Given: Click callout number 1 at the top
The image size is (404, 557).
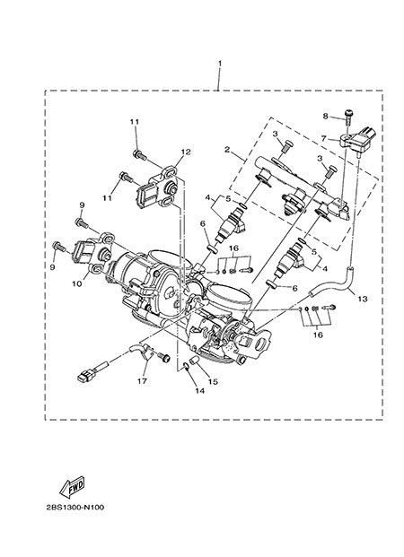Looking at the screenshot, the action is coord(220,63).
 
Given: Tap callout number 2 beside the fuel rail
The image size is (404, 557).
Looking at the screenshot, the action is coord(227,150).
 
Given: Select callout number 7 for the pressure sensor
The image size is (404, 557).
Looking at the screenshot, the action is coord(323,138).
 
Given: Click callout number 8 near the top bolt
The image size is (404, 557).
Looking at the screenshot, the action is coord(325,116).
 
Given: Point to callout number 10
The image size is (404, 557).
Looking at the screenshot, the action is coord(78,283).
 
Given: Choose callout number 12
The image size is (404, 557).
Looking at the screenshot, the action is coord(186,152).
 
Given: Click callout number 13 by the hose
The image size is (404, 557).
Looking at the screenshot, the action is coord(363,299).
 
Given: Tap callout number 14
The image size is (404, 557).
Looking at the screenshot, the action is coord(200,391).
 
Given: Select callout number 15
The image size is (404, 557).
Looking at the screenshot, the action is coord(213,382).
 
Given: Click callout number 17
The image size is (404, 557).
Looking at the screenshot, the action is coord(142,381).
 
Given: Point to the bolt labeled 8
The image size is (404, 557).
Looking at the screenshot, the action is coord(347,117).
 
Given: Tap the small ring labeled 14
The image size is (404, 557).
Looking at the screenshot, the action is coord(186,366).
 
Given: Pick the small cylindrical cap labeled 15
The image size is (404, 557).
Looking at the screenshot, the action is coord(194,361).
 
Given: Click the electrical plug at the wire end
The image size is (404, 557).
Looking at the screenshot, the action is coord(86,375).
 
